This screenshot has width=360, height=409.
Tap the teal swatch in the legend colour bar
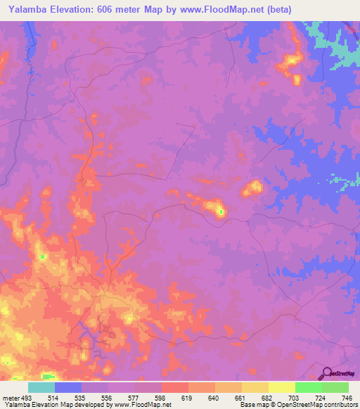(41, 388)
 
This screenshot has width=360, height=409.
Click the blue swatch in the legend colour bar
(68, 388)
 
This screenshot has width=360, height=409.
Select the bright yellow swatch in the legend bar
(281, 388)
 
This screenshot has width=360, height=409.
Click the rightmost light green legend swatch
(335, 388)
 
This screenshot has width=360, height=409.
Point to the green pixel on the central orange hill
(220, 211)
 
